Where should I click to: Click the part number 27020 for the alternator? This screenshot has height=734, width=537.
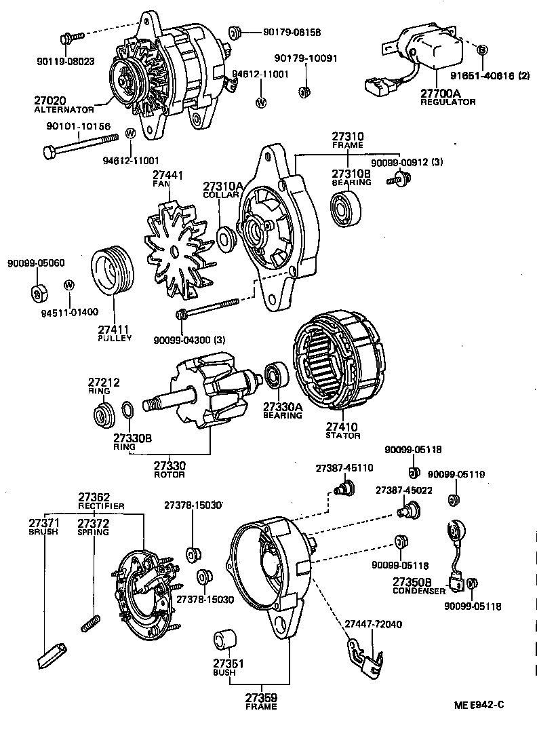coord(52,100)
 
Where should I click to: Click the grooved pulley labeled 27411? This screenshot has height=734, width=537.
coord(112,275)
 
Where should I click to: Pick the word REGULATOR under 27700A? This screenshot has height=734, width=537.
coord(447,102)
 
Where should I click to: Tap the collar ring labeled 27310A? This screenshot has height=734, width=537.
coord(226,238)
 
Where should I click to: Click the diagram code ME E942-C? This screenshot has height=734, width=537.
coord(479,705)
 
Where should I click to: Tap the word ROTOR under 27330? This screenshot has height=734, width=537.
coord(169,475)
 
